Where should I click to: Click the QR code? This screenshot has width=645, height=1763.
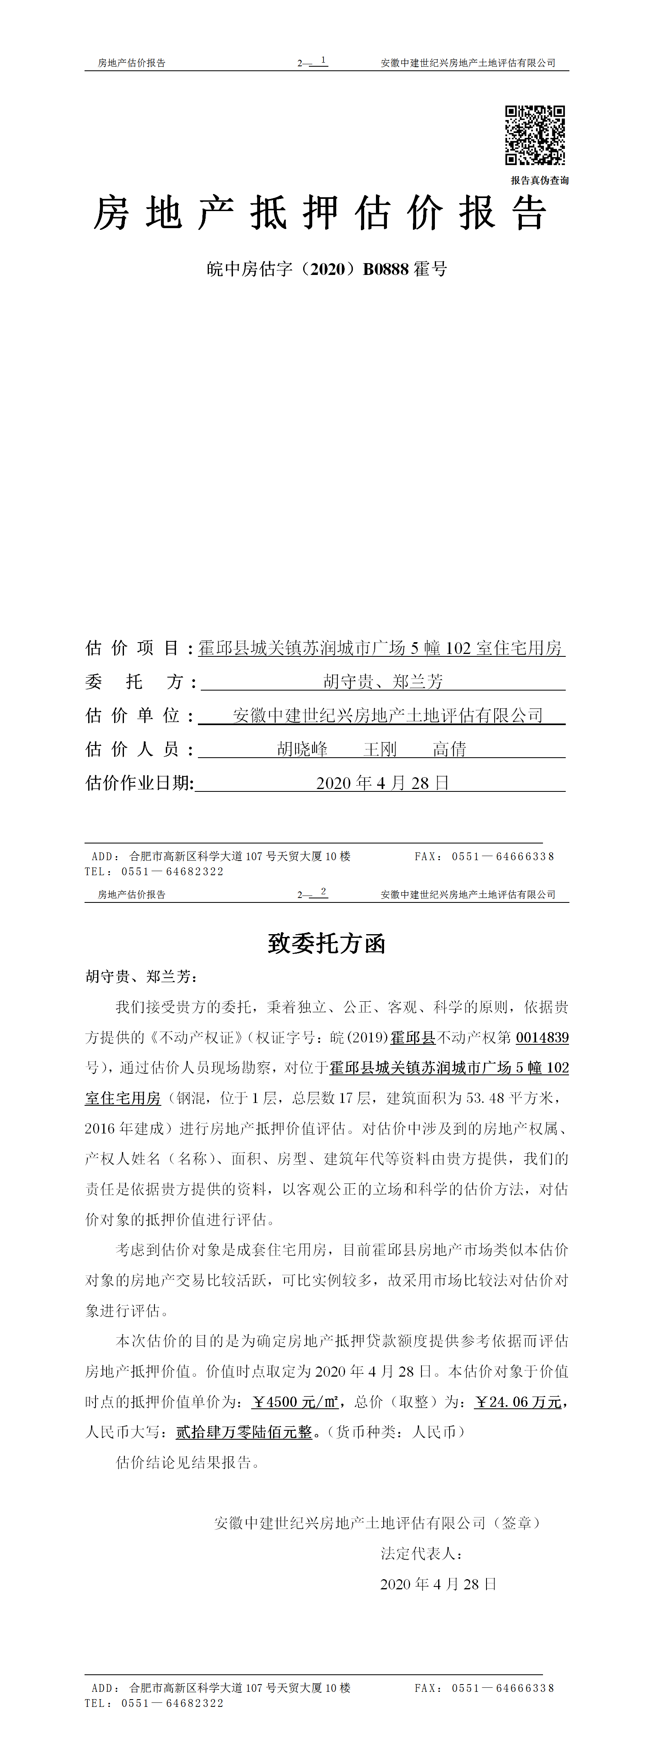click(535, 135)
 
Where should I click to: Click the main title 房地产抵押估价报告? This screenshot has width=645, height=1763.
click(320, 213)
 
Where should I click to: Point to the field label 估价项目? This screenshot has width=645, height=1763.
click(132, 648)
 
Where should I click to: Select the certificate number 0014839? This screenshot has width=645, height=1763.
click(542, 1037)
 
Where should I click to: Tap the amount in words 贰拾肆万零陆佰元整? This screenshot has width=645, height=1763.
click(243, 1432)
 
